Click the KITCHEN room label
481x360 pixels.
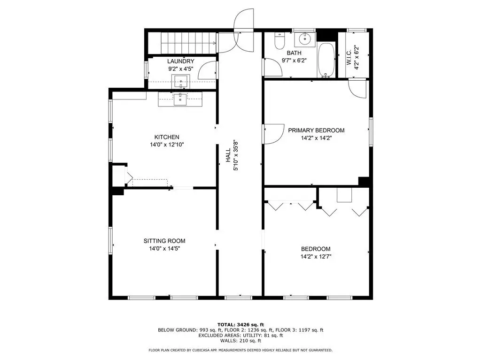[167, 137]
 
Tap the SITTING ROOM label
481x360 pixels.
[164, 241]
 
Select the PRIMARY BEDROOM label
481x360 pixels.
[316, 130]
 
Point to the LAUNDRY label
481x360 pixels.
[181, 61]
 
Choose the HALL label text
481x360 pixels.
[228, 155]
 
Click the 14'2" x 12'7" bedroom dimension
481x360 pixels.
[316, 256]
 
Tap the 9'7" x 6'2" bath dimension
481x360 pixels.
[294, 61]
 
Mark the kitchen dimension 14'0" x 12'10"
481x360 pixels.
[167, 145]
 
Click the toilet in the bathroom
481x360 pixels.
[279, 41]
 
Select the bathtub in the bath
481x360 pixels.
[326, 60]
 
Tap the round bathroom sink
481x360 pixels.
[305, 38]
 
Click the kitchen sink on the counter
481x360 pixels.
[180, 99]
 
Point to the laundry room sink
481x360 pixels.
[181, 81]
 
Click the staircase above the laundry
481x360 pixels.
[182, 43]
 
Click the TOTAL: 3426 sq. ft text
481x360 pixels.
[240, 324]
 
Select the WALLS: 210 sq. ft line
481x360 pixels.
[240, 341]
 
